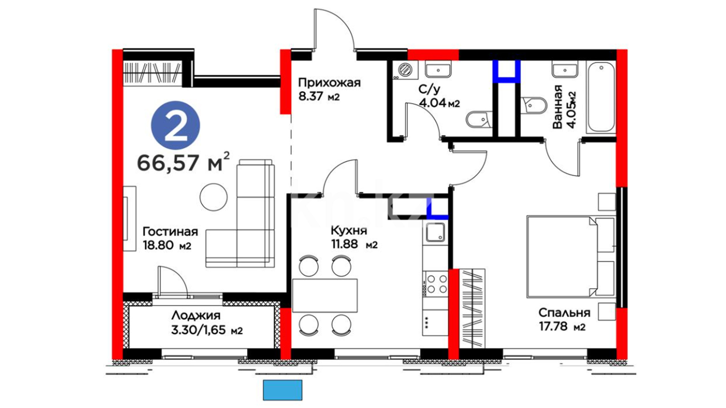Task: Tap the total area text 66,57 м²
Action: click(x=183, y=162)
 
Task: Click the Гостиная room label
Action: click(x=170, y=232)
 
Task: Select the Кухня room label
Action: click(x=349, y=230)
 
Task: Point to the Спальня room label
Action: click(x=564, y=313)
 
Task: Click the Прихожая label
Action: click(x=329, y=82)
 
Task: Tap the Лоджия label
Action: click(x=196, y=315)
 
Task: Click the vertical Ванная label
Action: click(x=557, y=107)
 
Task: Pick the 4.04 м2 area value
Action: click(x=439, y=103)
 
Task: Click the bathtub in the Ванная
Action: click(x=600, y=97)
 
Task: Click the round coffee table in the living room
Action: click(x=214, y=197)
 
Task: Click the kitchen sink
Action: click(x=436, y=232)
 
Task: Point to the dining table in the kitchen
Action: click(x=325, y=295)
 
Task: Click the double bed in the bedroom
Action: click(x=571, y=256)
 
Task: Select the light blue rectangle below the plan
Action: click(x=282, y=390)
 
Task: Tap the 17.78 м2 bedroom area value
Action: click(x=562, y=326)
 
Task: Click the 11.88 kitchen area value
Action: click(x=344, y=244)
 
